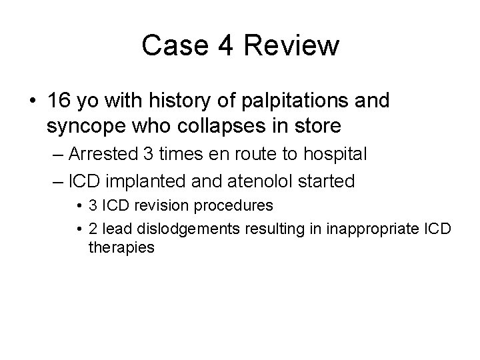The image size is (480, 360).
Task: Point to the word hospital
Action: (x=333, y=154)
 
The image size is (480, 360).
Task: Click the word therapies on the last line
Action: (x=121, y=247)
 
